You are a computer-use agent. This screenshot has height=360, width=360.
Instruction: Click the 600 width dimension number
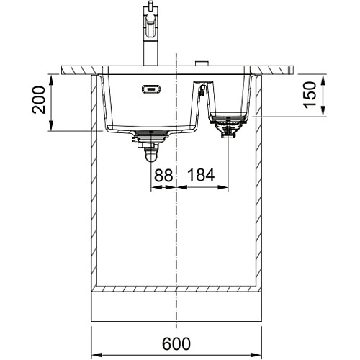point(176,343)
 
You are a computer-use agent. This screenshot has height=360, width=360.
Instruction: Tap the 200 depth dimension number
point(39,100)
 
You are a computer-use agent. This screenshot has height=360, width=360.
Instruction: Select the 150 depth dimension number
point(310,95)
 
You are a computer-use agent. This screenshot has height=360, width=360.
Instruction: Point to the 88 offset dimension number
point(163,175)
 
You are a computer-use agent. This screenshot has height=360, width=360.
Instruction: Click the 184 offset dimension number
point(201,175)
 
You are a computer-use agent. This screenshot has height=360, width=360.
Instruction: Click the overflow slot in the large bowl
point(151,89)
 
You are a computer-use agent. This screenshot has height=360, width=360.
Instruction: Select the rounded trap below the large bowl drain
point(151,156)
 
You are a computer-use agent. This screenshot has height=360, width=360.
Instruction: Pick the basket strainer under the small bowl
point(228,127)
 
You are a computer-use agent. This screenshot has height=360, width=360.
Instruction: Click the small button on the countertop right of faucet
point(202,63)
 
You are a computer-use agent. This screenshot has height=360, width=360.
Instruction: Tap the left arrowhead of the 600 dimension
point(97,354)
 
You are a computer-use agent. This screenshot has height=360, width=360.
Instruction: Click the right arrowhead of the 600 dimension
point(256,354)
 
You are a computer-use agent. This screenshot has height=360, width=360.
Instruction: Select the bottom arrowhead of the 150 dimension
point(323,111)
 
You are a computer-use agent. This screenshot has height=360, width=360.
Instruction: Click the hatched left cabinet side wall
point(94,182)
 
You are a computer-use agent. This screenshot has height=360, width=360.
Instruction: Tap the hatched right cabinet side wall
point(258,182)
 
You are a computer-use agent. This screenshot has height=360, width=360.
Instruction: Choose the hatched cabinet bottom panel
point(176,289)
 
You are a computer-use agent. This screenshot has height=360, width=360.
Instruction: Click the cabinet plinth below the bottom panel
point(176,307)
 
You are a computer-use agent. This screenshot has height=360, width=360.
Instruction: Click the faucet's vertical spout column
point(150,53)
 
